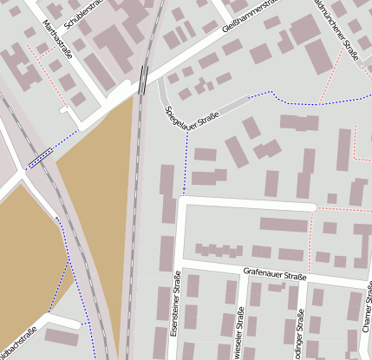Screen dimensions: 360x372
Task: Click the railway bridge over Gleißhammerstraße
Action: coord(142,80)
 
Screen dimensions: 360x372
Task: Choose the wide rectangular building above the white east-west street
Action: coord(284,226)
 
